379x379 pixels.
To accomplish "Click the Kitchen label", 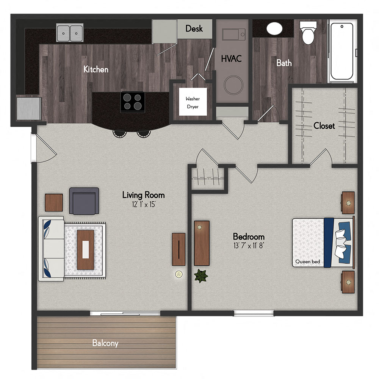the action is [x=96, y=69].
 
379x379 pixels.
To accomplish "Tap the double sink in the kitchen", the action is [x=70, y=33].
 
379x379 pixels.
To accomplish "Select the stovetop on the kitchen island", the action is [x=133, y=102].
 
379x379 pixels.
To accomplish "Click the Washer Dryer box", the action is [x=193, y=102].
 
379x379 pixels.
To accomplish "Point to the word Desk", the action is [x=194, y=28].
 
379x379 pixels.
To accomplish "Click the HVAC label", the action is [x=231, y=59].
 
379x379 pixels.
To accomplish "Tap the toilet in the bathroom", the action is [x=308, y=33].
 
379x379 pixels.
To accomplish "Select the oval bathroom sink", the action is [x=274, y=28].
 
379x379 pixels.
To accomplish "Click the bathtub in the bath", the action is [x=342, y=51].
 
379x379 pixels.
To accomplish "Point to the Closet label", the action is [x=324, y=126].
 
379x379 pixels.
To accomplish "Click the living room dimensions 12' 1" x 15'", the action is [x=144, y=205].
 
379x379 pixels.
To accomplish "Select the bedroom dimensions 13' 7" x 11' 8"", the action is [x=249, y=246].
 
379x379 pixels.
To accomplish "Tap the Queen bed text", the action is [x=307, y=262].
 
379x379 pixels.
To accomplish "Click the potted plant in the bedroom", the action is [x=201, y=276].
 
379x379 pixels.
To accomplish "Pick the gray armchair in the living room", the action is [x=84, y=201].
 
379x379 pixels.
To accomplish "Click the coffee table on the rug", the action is [x=86, y=250].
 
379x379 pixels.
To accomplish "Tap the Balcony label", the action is [x=105, y=343].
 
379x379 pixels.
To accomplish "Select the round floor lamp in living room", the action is [x=179, y=274].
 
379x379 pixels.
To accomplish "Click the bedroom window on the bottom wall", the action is [x=254, y=313].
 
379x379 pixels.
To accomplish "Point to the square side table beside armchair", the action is [x=54, y=202].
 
